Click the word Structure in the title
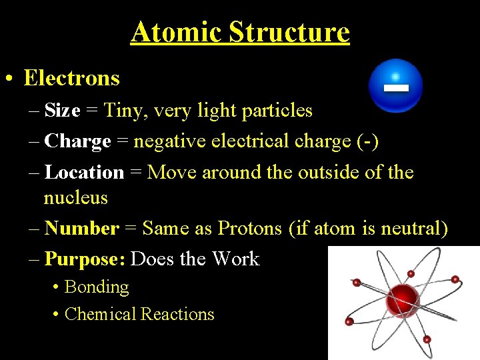pyautogui.click(x=289, y=31)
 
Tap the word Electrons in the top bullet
pyautogui.click(x=71, y=78)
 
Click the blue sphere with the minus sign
pyautogui.click(x=396, y=86)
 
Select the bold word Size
pyautogui.click(x=62, y=110)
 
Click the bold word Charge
pyautogui.click(x=77, y=141)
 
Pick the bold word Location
pyautogui.click(x=84, y=172)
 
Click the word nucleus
pyautogui.click(x=75, y=198)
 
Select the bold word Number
pyautogui.click(x=81, y=229)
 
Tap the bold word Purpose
pyautogui.click(x=84, y=259)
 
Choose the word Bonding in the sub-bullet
pyautogui.click(x=97, y=287)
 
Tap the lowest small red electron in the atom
pyautogui.click(x=427, y=339)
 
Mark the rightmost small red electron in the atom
pyautogui.click(x=455, y=280)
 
